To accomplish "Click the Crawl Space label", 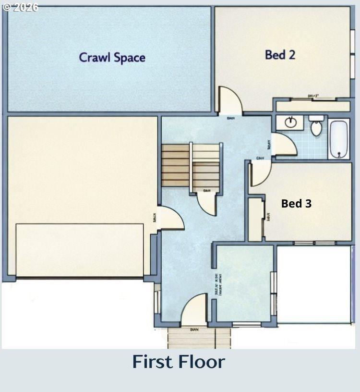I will [112, 58].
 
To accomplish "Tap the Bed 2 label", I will [280, 55].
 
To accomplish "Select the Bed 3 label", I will [296, 204].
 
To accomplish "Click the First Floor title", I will [179, 362].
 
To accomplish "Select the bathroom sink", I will [290, 122].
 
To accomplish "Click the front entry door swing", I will [194, 310].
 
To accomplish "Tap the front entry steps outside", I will [199, 338].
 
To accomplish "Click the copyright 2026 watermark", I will [20, 7].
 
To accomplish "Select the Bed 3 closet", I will [255, 219].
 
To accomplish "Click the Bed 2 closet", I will [312, 105].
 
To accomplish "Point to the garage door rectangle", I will [80, 250].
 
